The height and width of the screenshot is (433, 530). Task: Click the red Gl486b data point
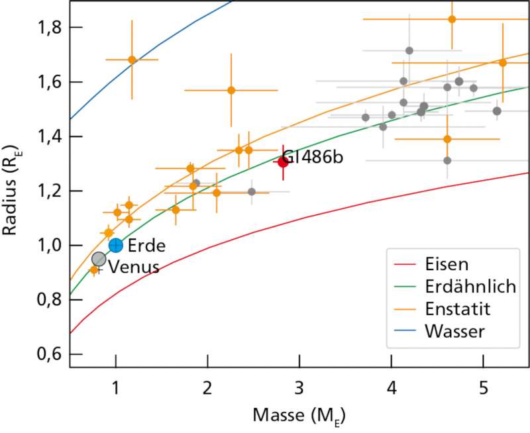tap(284, 162)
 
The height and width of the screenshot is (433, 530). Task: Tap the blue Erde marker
tap(116, 245)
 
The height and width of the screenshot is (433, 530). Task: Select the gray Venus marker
tap(99, 259)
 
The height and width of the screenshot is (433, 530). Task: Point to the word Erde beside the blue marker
tap(146, 245)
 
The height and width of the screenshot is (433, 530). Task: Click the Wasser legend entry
tap(456, 330)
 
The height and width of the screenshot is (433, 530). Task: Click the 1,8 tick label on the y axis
tap(51, 28)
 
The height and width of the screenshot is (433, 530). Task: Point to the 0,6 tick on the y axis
tap(51, 354)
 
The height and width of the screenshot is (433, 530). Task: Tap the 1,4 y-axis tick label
tap(51, 136)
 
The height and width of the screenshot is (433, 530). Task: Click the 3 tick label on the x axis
tap(299, 385)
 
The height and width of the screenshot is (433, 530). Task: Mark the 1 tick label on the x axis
tap(116, 385)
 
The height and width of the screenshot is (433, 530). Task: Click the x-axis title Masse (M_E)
tap(299, 415)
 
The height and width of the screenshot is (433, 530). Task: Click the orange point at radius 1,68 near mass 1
tap(132, 60)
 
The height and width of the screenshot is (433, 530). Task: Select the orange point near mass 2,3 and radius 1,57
tap(231, 90)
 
